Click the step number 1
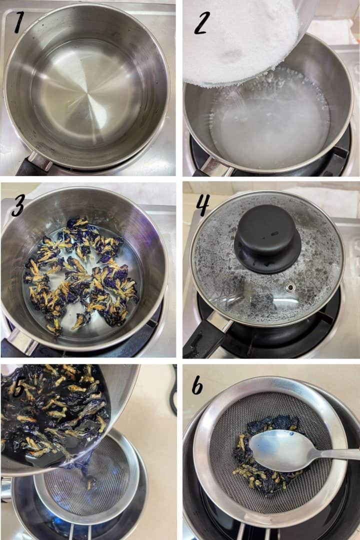(x=19, y=22)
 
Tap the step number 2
(x=202, y=22)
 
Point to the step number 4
(x=202, y=205)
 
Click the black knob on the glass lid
(x=267, y=238)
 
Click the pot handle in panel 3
(x=19, y=343)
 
